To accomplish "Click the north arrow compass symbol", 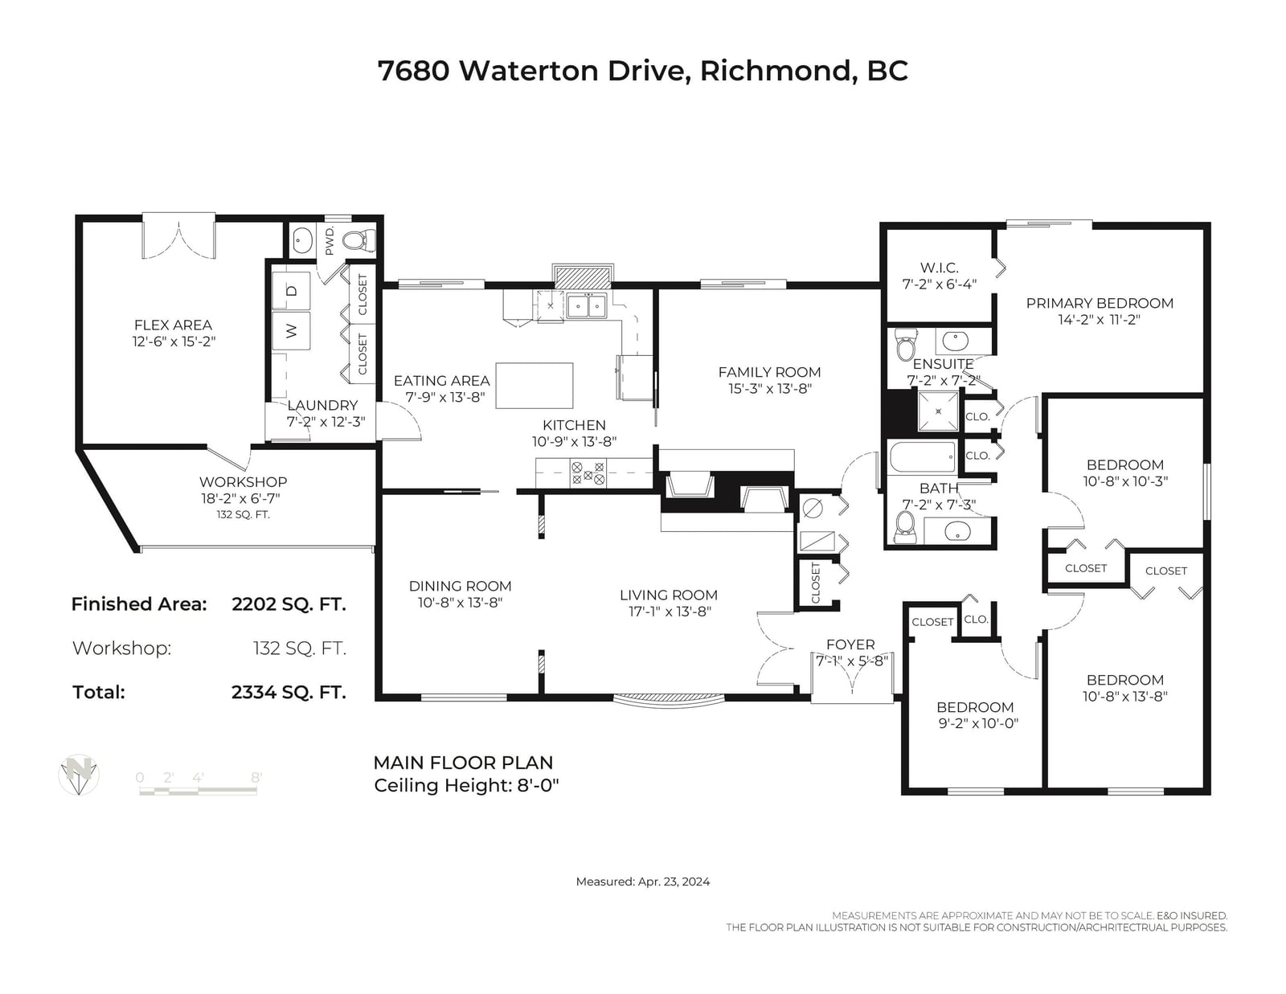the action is point(79,775).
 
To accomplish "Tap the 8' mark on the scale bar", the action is point(256,777).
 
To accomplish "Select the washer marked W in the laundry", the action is point(291,331).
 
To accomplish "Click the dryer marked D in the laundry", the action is point(291,291).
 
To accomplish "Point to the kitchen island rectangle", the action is point(534,385).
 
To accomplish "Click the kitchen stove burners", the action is point(588,473).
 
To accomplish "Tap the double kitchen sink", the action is point(587,306).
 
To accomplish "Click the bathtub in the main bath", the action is point(923,457).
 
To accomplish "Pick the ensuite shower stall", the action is point(938,411).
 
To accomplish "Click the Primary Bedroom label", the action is point(1100,303).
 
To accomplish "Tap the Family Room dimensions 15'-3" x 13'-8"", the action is point(770,389).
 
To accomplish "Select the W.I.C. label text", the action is point(940,268).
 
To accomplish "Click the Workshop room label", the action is point(244,481).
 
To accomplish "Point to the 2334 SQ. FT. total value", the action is point(289,692).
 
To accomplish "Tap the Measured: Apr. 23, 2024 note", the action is point(643,881).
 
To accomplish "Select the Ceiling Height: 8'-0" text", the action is point(466,785).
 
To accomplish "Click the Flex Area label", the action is point(173,325).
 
